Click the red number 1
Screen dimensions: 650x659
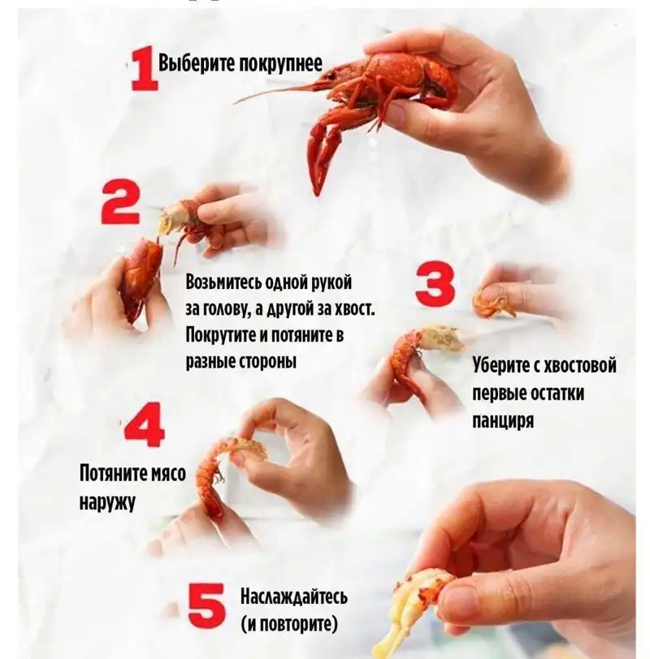pos(145,70)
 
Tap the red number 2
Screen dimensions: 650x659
pos(120,202)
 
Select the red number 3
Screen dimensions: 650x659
pos(435,284)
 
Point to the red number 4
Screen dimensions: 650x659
pos(145,425)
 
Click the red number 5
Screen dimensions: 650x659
pos(207,605)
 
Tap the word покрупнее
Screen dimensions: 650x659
pos(280,64)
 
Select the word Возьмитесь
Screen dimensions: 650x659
pos(225,282)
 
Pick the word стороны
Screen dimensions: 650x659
pos(268,362)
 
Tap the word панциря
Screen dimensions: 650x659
pos(503,420)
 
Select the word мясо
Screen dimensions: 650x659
pos(168,473)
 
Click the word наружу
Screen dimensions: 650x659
pos(107,502)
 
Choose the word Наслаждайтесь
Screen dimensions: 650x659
pos(294,597)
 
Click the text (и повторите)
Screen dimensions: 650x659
pos(289,624)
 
